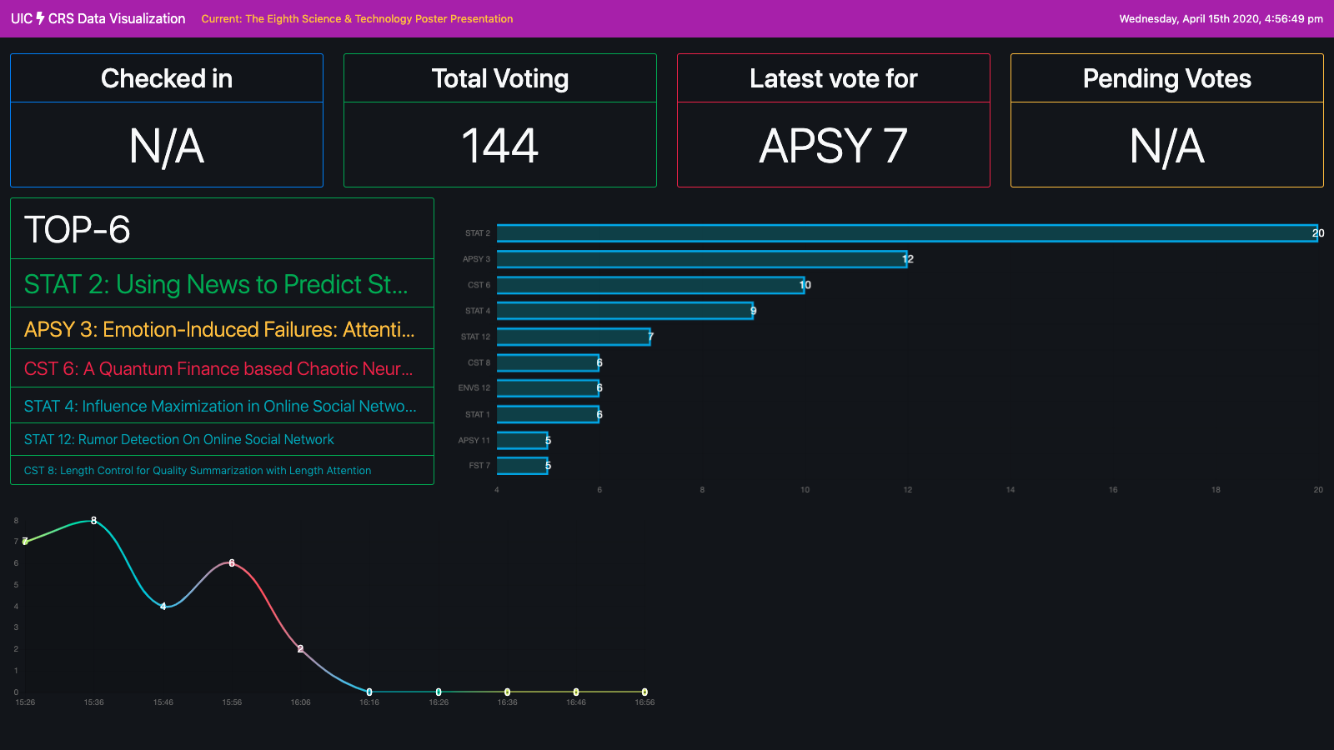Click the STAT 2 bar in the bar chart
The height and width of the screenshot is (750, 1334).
click(907, 233)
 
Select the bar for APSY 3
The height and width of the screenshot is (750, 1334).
click(702, 259)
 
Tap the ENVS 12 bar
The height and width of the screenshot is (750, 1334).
click(548, 388)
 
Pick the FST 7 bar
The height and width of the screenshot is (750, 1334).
click(523, 466)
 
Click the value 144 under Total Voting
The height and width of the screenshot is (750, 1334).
click(500, 146)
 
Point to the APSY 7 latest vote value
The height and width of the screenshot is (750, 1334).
click(834, 146)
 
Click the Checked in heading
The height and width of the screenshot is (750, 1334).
click(167, 78)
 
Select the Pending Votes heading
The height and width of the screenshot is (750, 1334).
click(1167, 78)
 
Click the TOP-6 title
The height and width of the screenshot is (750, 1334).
click(78, 230)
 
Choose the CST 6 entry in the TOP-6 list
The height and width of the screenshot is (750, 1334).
click(218, 368)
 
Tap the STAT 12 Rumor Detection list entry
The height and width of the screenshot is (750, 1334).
click(178, 439)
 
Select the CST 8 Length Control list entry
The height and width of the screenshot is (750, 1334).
click(198, 471)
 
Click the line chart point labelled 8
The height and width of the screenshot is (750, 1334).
click(93, 521)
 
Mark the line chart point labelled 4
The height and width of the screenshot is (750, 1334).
click(163, 606)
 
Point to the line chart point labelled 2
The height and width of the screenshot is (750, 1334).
click(301, 648)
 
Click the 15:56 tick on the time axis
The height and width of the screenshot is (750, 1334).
click(232, 702)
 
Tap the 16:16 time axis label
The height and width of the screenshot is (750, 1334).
click(369, 702)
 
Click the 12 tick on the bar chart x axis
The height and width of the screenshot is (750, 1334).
click(907, 490)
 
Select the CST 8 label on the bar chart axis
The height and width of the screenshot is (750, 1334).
click(479, 363)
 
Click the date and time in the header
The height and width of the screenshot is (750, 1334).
click(1221, 19)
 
